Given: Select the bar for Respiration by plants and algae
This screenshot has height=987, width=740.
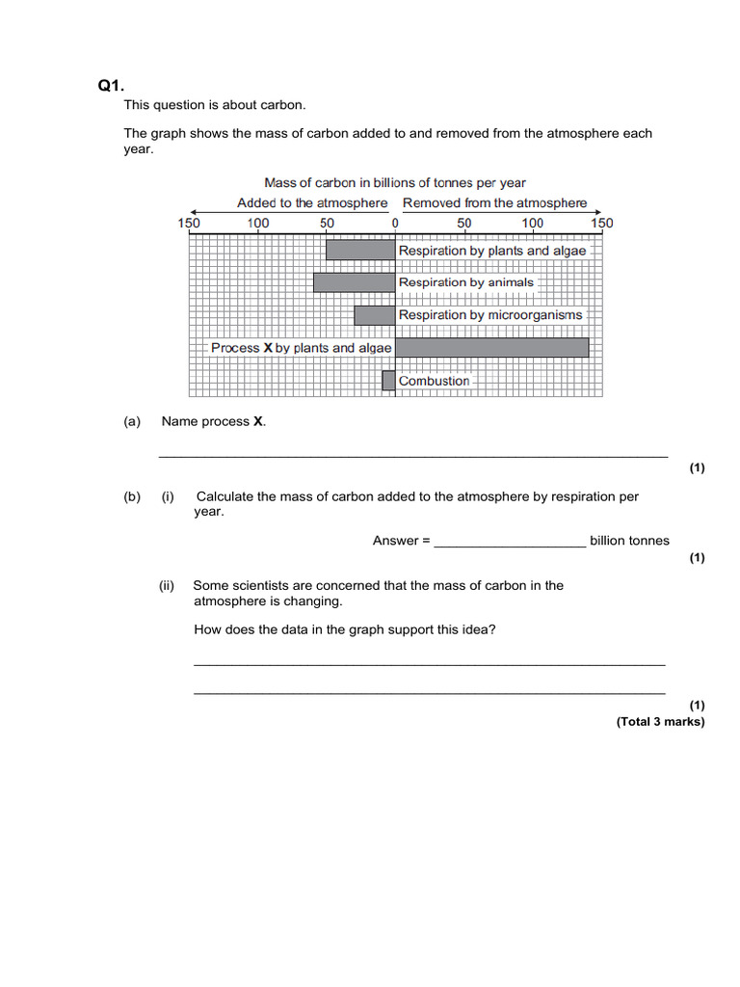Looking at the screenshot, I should [x=360, y=250].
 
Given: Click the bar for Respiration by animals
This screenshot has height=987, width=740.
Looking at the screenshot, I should [x=354, y=282].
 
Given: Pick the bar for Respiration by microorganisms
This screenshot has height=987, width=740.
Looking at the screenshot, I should [x=375, y=315].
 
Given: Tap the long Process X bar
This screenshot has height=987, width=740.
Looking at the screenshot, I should [x=491, y=347].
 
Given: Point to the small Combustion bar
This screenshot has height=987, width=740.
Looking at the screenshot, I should [x=388, y=381].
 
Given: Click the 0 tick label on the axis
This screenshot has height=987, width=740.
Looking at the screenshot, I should [x=395, y=224].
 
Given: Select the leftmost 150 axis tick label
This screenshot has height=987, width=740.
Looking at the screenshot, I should [x=189, y=224].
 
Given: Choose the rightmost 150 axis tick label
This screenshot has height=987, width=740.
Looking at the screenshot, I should [x=601, y=224].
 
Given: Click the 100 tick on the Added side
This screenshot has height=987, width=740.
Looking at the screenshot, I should [x=258, y=224].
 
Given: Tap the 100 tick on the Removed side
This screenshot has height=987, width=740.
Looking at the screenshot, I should [x=533, y=224].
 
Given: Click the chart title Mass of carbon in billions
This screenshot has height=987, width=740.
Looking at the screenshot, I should [x=395, y=182].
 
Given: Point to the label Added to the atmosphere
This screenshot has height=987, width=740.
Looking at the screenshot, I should [x=312, y=203].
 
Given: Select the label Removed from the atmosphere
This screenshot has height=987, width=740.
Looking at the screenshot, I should [x=494, y=203].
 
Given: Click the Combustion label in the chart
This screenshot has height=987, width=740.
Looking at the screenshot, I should [x=435, y=381].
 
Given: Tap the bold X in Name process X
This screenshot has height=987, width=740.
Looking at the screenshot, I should [x=258, y=421].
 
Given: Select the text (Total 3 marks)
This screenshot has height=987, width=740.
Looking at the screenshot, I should [x=660, y=721].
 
